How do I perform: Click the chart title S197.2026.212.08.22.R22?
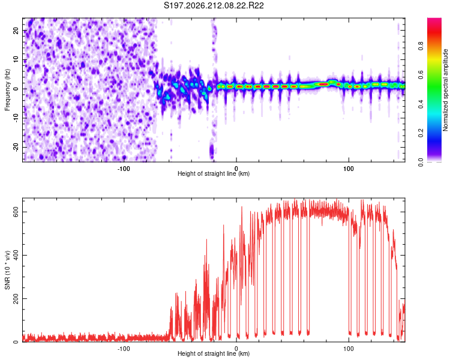pos(214,5)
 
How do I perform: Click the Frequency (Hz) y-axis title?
pos(7,90)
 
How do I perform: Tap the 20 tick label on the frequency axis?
pos(16,31)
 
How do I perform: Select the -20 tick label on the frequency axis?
pos(16,148)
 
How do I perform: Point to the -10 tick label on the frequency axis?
pos(16,118)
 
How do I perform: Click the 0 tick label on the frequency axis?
pos(16,89)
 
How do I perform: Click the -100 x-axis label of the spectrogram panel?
pos(124,169)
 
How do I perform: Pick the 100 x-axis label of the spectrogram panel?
pos(349,169)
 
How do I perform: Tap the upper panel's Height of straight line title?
pos(214,173)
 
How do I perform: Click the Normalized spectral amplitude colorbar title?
pos(445,90)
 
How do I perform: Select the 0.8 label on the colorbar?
pos(421,46)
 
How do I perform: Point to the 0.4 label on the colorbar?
pos(421,104)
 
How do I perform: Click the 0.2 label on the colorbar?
pos(421,133)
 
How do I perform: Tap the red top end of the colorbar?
pos(434,20)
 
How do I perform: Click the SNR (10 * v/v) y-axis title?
pos(7,270)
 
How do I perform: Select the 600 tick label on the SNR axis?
pos(16,212)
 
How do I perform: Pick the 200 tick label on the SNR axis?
pos(16,299)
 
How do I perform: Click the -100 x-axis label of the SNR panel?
pos(124,349)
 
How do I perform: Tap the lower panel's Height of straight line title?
pos(214,353)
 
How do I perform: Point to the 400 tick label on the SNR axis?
pos(16,255)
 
